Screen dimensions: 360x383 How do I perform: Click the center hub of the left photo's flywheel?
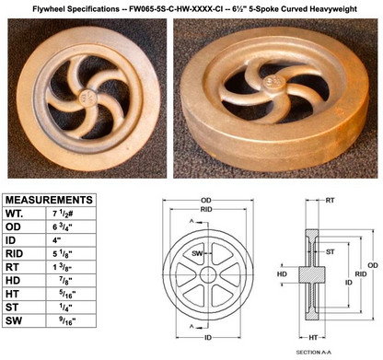click(x=86, y=96)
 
